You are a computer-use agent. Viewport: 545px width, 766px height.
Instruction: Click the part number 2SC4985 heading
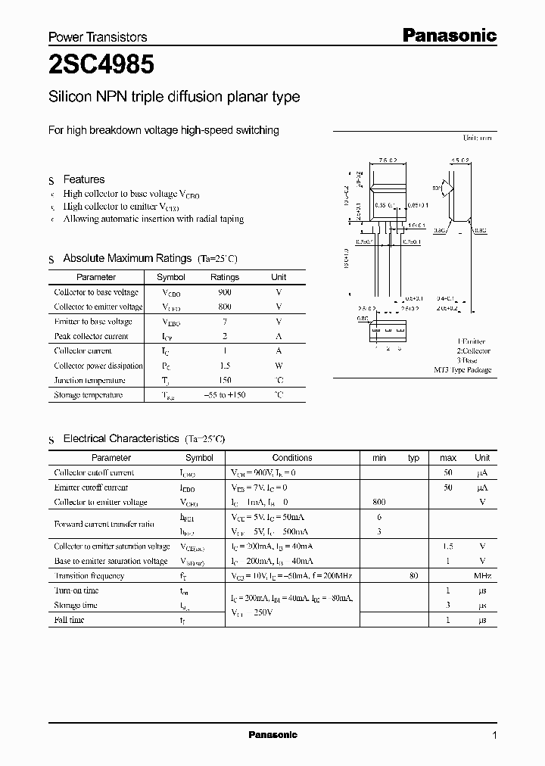click(101, 66)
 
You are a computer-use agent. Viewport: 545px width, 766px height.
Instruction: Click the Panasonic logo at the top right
click(448, 36)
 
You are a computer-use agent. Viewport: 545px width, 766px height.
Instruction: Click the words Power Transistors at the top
click(98, 37)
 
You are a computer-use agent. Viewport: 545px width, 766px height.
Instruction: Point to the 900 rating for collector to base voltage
click(224, 292)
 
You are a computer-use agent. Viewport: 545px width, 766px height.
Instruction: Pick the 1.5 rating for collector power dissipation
click(224, 366)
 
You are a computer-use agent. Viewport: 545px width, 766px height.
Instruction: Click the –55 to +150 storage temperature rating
click(225, 395)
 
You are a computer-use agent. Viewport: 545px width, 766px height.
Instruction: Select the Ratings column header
click(225, 277)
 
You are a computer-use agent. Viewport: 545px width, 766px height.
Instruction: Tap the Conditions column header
click(292, 458)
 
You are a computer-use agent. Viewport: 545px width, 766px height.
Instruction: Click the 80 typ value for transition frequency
click(413, 576)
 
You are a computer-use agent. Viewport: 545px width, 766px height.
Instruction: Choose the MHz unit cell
click(482, 576)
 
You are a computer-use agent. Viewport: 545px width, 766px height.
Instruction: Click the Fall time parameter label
click(69, 620)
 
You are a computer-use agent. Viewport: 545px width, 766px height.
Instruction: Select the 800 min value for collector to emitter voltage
click(379, 502)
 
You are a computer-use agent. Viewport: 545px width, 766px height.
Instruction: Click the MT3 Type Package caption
click(462, 370)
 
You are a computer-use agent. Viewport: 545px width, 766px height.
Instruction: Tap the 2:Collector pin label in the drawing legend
click(473, 351)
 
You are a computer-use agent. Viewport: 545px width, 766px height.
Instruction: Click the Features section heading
click(84, 179)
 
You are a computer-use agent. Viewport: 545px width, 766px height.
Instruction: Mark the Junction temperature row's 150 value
click(224, 380)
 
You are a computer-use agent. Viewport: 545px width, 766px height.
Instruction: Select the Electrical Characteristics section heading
click(120, 438)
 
